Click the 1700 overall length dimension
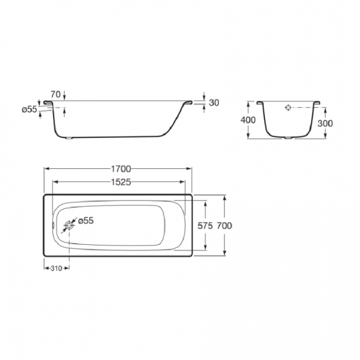point(118,169)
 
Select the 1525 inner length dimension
point(118,183)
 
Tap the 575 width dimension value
point(205,225)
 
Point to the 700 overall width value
point(224,225)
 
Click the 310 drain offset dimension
point(56,268)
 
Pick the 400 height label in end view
point(249,120)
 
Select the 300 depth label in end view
point(325,123)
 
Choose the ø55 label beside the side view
point(29,110)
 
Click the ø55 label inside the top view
point(85,220)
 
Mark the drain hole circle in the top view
point(69,225)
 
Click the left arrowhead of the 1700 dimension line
point(45,169)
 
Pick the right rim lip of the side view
point(188,102)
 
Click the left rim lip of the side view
point(51,103)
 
